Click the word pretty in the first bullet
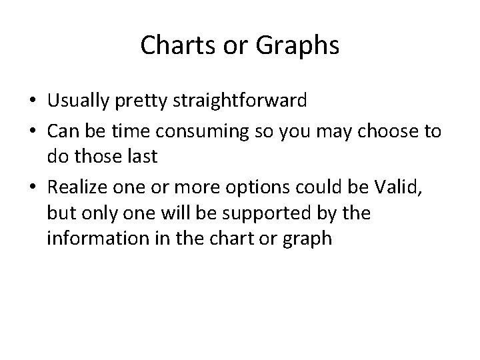click(147, 101)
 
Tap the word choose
click(388, 131)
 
